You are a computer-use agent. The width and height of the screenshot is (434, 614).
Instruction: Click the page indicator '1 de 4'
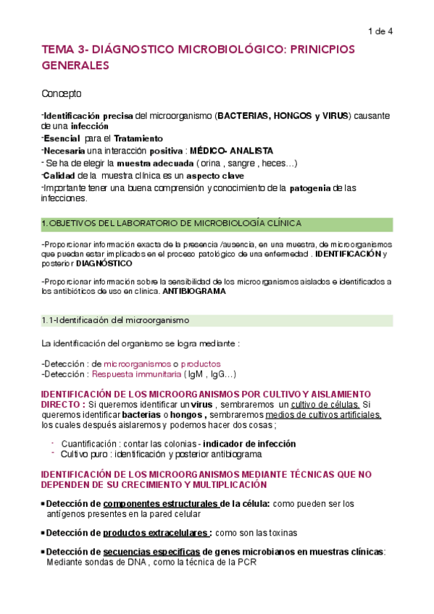point(380,31)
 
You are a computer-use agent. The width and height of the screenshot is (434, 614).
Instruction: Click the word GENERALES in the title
point(75,65)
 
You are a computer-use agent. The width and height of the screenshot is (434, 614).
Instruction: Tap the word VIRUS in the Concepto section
point(335,116)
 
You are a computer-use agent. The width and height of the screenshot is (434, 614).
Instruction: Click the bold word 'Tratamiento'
point(135,138)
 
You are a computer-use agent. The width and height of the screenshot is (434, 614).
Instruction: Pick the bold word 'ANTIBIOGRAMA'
point(194,291)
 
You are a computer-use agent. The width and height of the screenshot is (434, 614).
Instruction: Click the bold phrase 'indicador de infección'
point(249,444)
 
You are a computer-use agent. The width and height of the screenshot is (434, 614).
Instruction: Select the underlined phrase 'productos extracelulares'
point(157,532)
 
